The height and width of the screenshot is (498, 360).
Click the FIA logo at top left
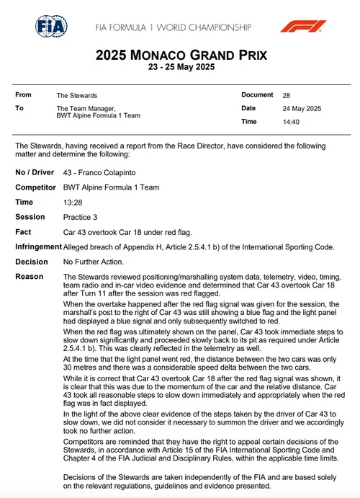coord(52,26)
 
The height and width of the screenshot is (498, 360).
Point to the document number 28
coord(286,95)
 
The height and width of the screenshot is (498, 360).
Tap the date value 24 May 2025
coord(302,109)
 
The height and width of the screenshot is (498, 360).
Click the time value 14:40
coord(290,122)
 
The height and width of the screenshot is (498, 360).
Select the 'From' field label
coord(24,95)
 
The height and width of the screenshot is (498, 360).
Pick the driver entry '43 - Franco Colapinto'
coord(99,174)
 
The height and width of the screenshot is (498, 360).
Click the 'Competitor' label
coord(36,187)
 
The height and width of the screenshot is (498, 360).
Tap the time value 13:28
coord(74,203)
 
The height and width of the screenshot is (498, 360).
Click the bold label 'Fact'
coord(23,232)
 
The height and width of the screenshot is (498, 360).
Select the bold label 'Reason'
coord(30,277)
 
